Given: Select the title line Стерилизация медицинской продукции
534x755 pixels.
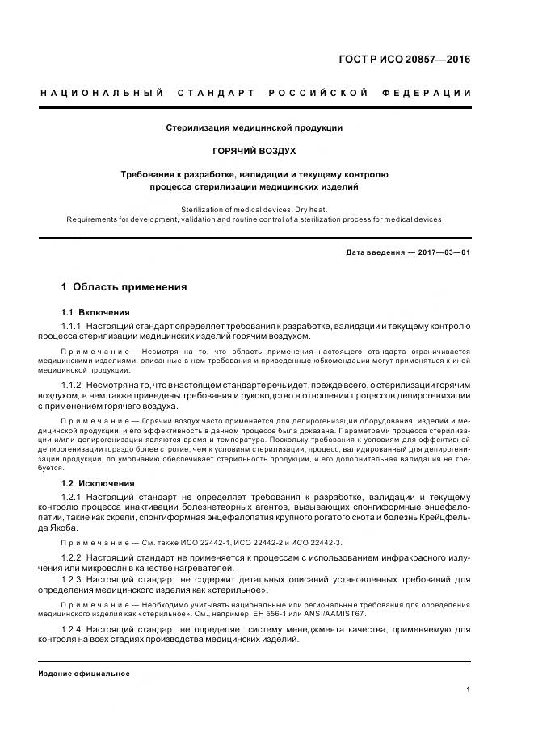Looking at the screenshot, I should pos(254,127).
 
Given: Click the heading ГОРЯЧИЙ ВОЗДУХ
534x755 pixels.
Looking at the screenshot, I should pos(254,151).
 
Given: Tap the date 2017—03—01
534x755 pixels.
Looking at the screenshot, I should pos(442,252).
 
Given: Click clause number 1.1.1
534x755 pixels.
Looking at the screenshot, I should pos(72,325).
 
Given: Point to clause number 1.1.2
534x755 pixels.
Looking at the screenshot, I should pos(72,386).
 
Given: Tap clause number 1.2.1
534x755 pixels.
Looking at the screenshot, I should pos(72,496).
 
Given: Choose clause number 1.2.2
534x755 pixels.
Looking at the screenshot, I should pos(72,557).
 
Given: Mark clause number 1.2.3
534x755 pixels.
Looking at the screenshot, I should pos(72,579).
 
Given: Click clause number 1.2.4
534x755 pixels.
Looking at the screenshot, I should pos(72,629).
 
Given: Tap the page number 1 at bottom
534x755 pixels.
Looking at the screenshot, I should pos(469,690).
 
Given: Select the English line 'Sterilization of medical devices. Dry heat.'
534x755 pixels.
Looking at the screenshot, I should pos(254,209).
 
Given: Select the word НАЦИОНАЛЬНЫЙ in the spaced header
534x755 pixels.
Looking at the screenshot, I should pos(102,93).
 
